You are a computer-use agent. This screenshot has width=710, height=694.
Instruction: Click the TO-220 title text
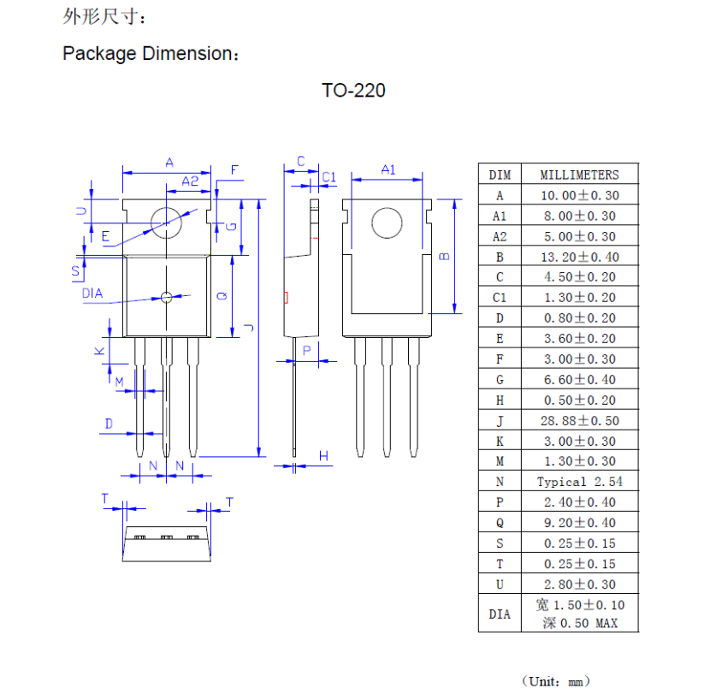[x=353, y=91]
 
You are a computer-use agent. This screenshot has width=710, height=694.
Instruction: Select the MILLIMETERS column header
[x=579, y=175]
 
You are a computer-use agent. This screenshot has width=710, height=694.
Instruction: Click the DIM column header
[x=500, y=175]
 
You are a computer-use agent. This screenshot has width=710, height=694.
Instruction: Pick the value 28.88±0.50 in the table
[x=579, y=421]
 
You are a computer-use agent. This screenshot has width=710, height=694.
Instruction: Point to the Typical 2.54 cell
[x=579, y=482]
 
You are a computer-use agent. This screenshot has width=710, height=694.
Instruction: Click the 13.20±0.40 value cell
[x=579, y=257]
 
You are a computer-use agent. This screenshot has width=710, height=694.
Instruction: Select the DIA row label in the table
[x=500, y=614]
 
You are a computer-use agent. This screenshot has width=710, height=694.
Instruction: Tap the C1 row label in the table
[x=500, y=298]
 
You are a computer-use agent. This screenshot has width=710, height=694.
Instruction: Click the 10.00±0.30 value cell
[x=579, y=195]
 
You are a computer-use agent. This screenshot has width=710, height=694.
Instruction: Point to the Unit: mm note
[x=556, y=681]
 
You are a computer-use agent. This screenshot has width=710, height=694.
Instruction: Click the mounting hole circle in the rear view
[x=387, y=224]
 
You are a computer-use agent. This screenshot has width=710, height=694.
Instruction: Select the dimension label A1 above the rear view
[x=388, y=169]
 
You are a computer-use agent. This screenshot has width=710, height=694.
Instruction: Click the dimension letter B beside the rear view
[x=444, y=256]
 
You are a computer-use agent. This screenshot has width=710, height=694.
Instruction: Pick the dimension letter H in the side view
[x=324, y=456]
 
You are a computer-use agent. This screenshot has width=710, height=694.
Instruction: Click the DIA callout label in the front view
[x=92, y=294]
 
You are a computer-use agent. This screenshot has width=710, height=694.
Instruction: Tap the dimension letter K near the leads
[x=99, y=351]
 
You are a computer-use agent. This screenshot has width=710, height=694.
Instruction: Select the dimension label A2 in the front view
[x=190, y=181]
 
